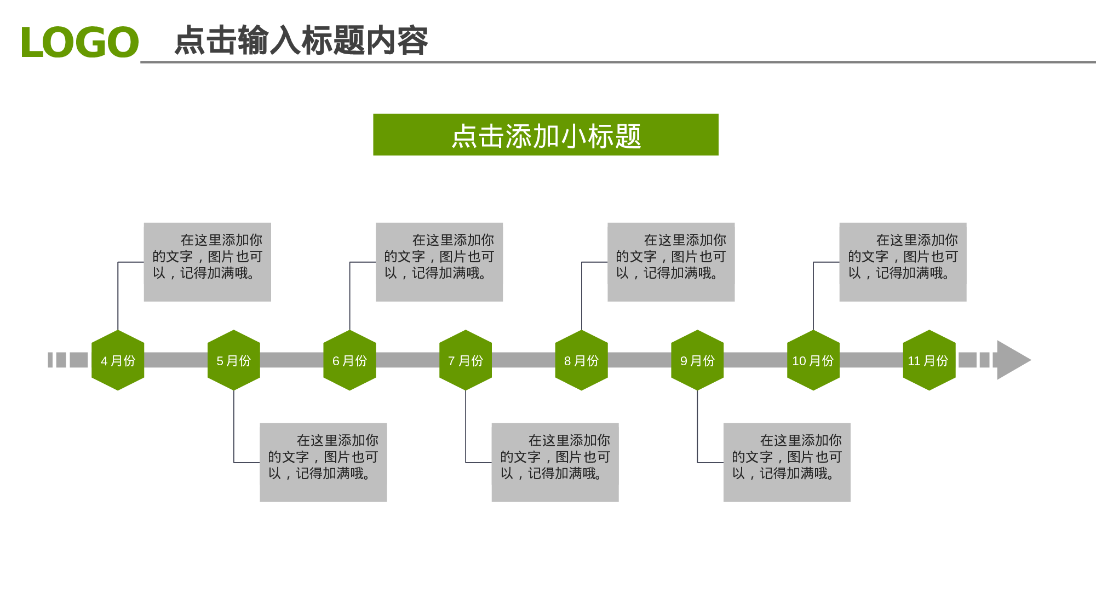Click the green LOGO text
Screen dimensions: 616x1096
click(79, 42)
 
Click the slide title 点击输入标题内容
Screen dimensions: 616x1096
click(301, 41)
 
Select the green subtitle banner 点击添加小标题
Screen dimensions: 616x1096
click(546, 135)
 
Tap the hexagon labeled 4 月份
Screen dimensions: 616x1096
click(118, 360)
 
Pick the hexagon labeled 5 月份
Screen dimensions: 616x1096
click(234, 360)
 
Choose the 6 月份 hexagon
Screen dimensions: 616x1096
click(349, 360)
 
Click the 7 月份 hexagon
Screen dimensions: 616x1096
click(466, 360)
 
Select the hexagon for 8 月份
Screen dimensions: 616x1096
click(581, 360)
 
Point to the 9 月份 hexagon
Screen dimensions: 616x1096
click(697, 360)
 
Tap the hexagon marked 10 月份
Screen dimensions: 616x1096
click(813, 360)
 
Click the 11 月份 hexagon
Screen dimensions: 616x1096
click(929, 360)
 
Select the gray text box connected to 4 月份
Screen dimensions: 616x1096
click(207, 262)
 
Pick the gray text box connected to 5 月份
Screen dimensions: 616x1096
click(323, 462)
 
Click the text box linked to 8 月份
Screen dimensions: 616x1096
click(671, 262)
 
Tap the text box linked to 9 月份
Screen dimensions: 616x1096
click(787, 462)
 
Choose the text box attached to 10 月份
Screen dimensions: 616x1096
click(903, 262)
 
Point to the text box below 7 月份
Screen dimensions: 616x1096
click(555, 462)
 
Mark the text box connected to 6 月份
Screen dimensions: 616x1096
click(439, 262)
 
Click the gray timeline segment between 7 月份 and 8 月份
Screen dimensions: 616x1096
click(523, 360)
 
